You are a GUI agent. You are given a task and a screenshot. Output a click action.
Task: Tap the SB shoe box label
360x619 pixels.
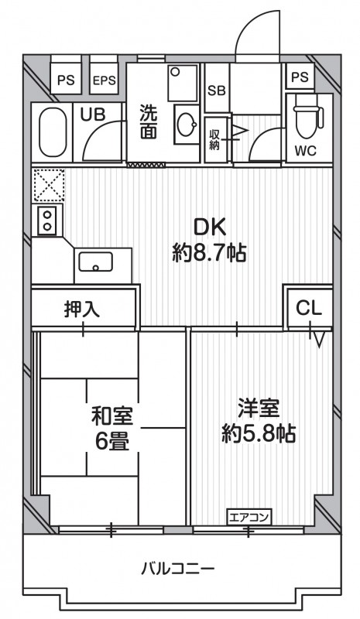click(216, 89)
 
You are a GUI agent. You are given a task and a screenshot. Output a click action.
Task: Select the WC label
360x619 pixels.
click(306, 150)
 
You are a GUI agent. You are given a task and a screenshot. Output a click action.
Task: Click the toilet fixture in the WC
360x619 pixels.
click(307, 118)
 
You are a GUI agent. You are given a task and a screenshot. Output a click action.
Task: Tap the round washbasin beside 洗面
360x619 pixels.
click(186, 124)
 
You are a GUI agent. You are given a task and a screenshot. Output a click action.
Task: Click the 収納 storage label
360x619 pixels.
click(214, 139)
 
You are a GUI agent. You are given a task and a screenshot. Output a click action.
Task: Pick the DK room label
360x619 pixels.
click(209, 227)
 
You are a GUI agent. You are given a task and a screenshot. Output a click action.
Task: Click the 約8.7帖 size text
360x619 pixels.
click(209, 252)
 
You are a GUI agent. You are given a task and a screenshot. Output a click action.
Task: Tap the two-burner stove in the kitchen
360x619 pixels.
click(46, 221)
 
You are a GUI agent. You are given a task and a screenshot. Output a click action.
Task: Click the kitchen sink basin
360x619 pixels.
click(95, 263)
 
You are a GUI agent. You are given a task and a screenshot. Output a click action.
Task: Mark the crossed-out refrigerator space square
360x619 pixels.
click(46, 185)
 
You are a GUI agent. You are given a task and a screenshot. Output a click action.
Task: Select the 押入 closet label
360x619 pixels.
click(82, 309)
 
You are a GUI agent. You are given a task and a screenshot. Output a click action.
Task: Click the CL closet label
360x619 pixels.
click(309, 307)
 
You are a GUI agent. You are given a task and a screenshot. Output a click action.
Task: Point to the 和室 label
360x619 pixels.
click(112, 417)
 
